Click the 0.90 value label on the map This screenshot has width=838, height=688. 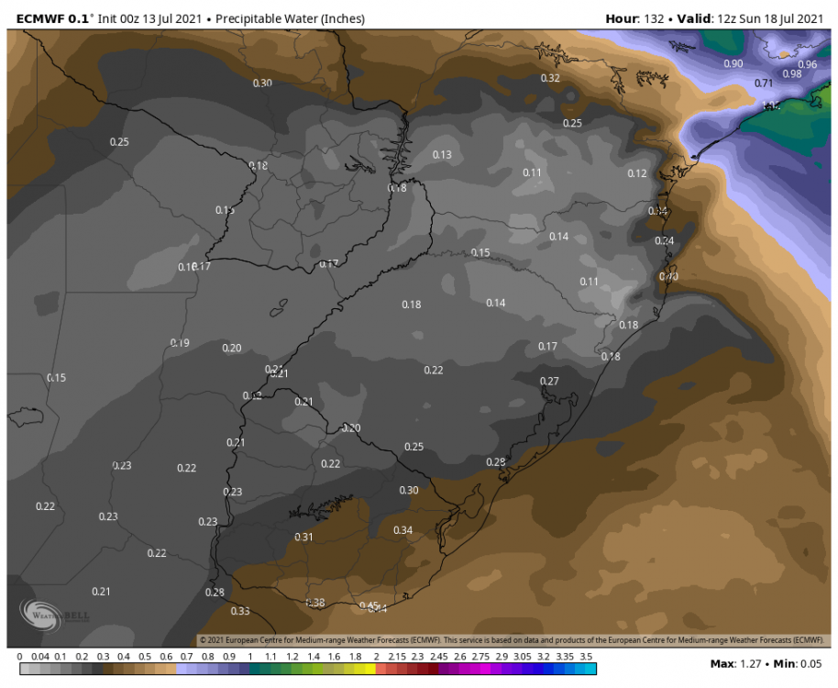coord(733,63)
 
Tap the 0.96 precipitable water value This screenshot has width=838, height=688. coord(807,64)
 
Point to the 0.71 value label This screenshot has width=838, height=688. coord(764,83)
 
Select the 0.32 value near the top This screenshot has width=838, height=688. coord(549,78)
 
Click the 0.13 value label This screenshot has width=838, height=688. coord(442,155)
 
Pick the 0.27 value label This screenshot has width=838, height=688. coord(548,381)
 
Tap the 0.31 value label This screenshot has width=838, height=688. coord(303,537)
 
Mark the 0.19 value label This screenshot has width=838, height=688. coord(180,343)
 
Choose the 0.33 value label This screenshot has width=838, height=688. coord(240,611)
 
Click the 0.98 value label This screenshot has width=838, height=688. coord(791,74)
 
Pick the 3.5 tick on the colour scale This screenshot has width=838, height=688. coord(588,657)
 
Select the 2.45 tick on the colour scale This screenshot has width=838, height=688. coord(439,657)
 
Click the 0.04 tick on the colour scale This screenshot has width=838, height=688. coord(40,657)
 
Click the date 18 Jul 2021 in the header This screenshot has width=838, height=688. coord(789,18)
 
